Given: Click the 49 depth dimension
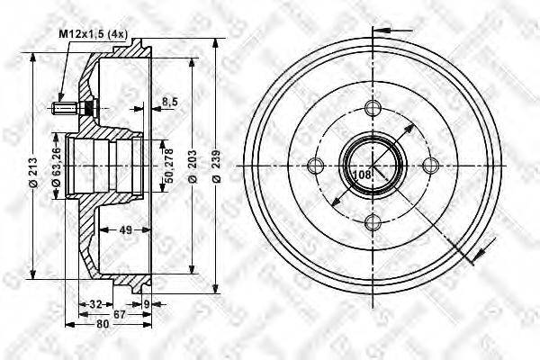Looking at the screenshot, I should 128,230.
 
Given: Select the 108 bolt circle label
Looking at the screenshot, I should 360,174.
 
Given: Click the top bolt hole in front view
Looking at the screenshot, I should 372,108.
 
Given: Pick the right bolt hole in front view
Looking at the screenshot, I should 430,165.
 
